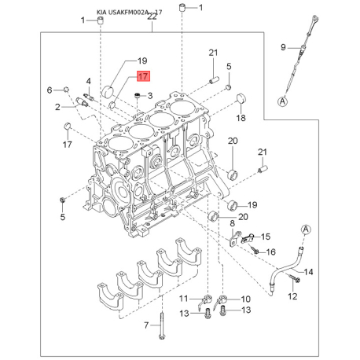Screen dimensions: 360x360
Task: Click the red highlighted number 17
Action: click(x=143, y=76)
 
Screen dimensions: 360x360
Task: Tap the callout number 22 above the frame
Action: click(x=152, y=17)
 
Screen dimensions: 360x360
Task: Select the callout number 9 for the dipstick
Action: click(x=283, y=47)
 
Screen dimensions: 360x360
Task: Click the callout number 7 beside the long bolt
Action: click(x=146, y=325)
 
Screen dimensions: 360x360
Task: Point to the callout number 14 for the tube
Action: click(x=308, y=272)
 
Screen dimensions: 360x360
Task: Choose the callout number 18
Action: click(x=241, y=118)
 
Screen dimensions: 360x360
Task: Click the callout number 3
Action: click(x=150, y=96)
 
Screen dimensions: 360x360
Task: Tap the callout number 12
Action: click(x=292, y=296)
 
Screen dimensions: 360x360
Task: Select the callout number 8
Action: click(x=233, y=223)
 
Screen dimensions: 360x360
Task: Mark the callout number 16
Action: click(x=270, y=252)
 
